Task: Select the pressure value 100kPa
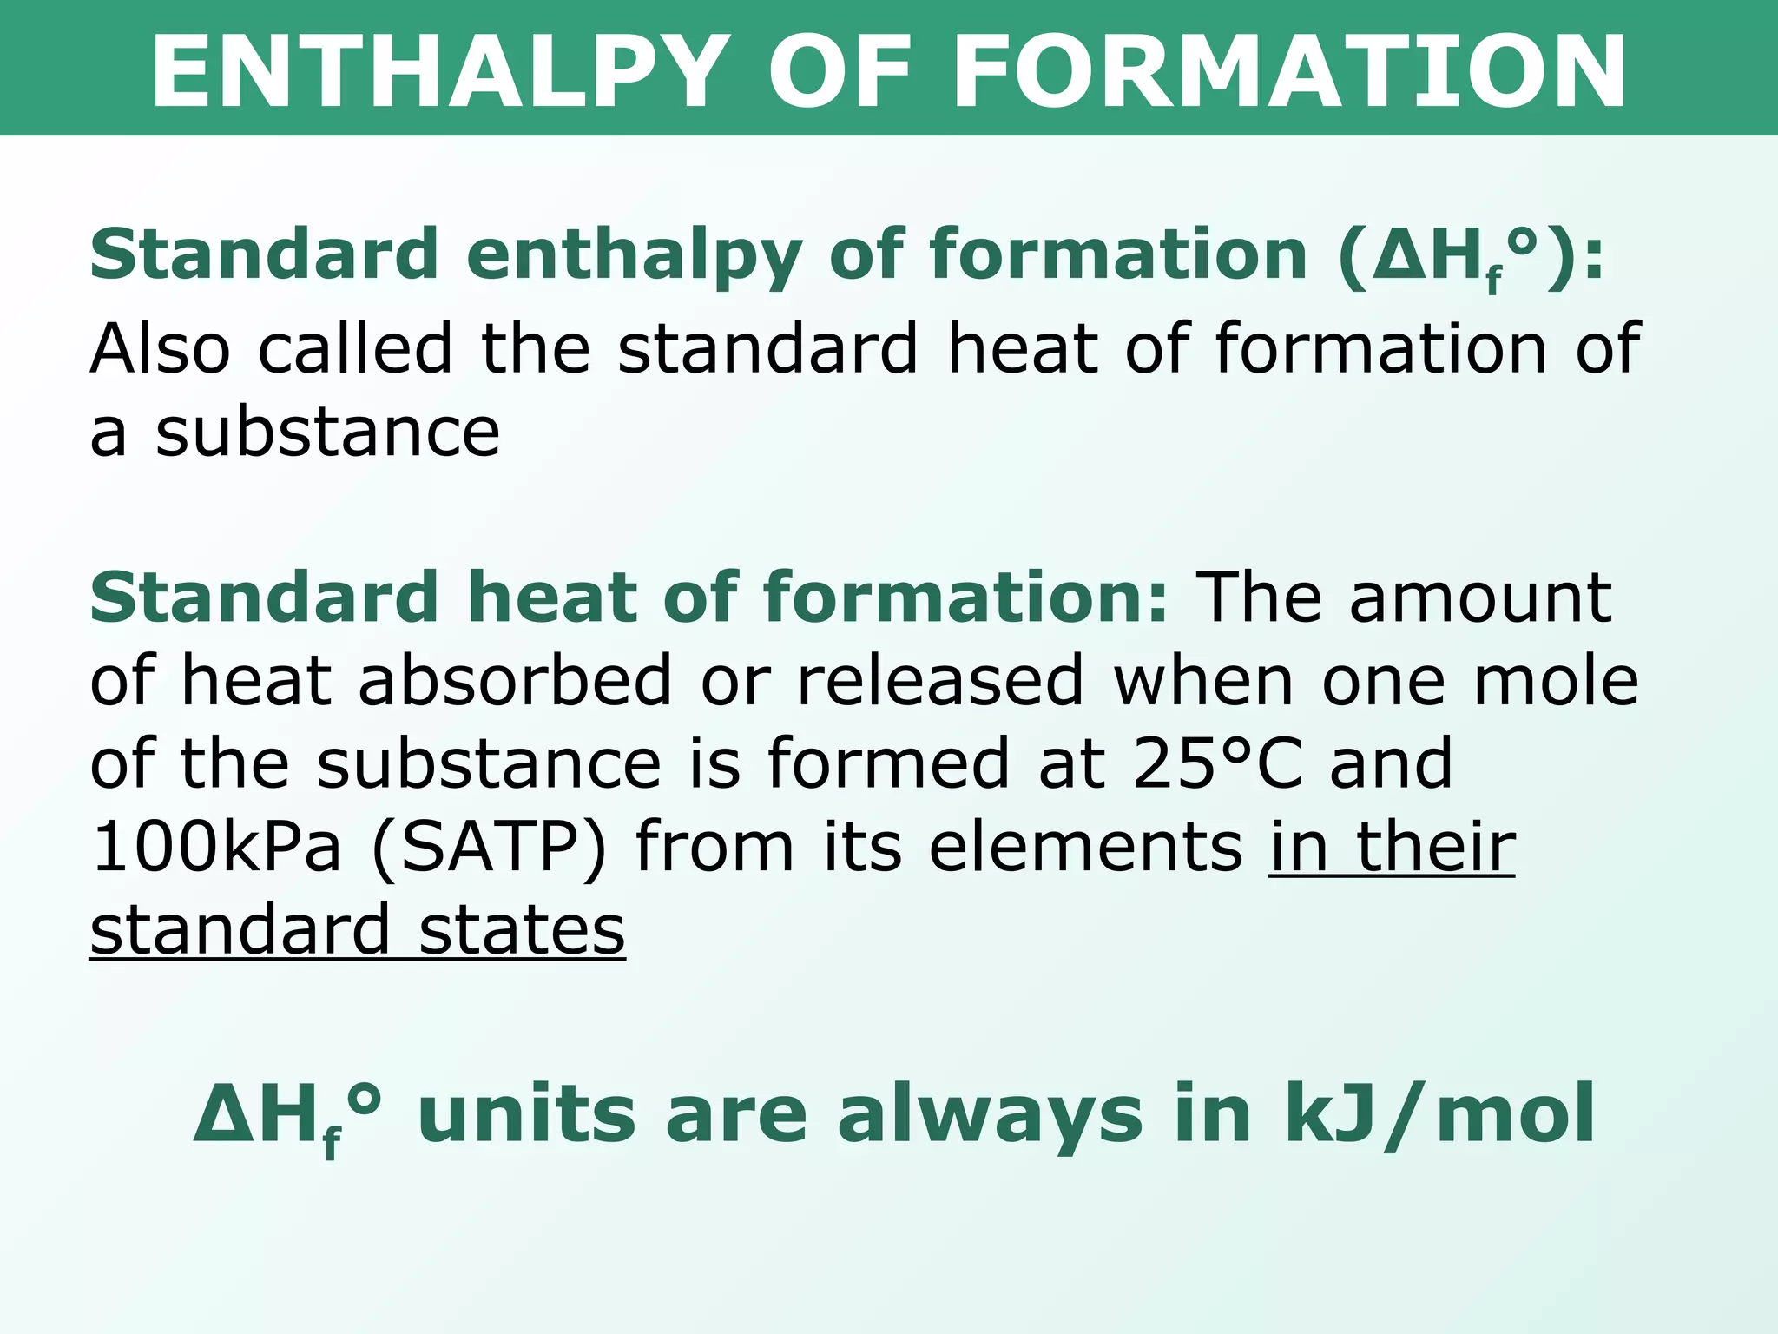point(216,847)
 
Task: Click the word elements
point(1085,847)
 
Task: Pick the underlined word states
point(522,929)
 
